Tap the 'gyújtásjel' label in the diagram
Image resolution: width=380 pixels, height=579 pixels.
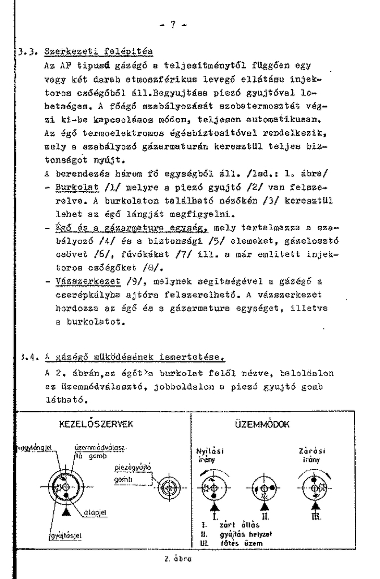coord(65,535)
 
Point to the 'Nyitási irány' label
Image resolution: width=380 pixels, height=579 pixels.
coord(209,456)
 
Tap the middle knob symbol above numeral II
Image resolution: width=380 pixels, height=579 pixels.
coord(263,487)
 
